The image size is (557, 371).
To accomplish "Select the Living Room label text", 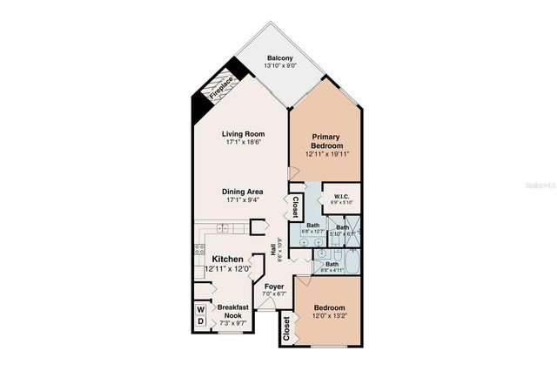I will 243,133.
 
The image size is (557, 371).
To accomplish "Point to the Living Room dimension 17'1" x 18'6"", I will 243,142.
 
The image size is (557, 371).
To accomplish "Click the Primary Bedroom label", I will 326,141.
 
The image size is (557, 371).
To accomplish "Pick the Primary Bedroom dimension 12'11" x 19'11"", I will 326,154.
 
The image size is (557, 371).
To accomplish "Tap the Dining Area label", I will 243,192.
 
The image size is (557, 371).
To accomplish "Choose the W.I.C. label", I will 341,196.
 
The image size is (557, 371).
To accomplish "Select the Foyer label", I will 274,286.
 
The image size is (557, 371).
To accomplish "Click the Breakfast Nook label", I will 232,312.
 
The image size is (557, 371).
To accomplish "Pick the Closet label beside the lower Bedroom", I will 286,327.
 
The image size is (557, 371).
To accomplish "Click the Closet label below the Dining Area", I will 296,207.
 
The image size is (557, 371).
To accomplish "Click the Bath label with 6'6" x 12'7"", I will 313,226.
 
